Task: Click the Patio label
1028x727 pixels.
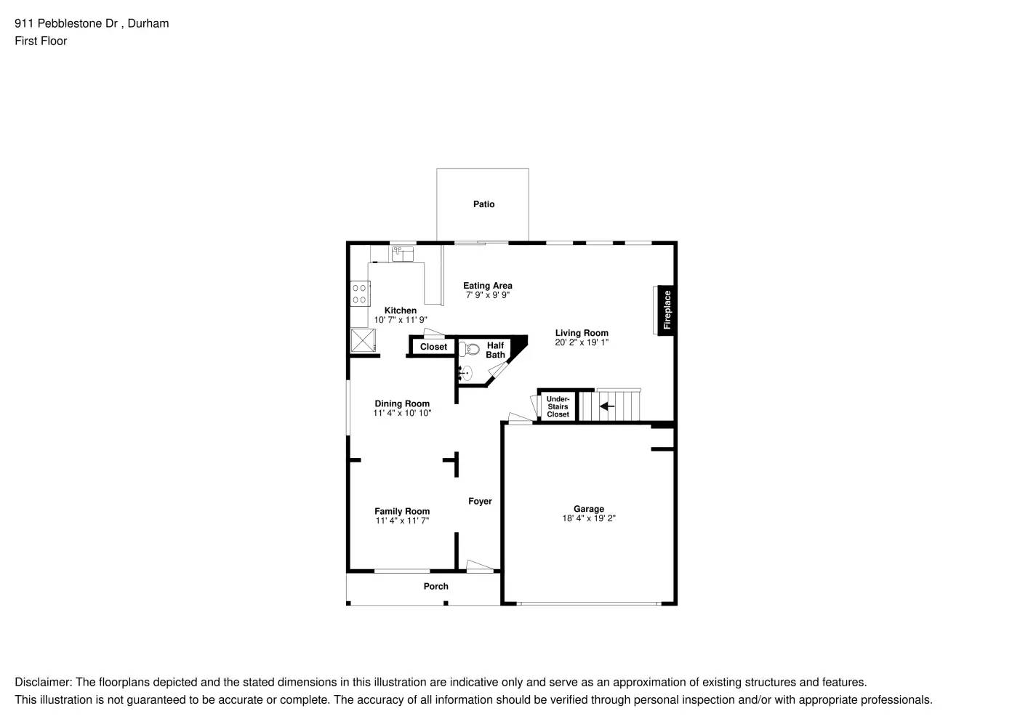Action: coord(483,204)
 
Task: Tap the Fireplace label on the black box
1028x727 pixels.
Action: coord(667,310)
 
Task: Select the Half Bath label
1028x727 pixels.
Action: coord(495,350)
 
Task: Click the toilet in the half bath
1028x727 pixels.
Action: coord(469,350)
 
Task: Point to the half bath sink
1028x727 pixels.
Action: coord(465,374)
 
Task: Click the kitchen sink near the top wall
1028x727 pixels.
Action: coord(402,254)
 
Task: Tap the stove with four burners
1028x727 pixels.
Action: coord(359,294)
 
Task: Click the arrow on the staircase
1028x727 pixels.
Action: coord(606,406)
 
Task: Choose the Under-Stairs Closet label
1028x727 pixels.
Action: coord(558,406)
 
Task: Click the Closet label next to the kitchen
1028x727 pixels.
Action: coord(433,347)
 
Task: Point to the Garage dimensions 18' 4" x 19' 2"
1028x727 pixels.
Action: coord(588,518)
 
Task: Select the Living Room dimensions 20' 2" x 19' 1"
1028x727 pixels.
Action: coord(582,342)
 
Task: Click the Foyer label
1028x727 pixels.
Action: coord(480,501)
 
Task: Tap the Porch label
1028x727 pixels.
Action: coord(435,586)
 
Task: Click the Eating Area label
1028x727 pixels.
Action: coord(487,286)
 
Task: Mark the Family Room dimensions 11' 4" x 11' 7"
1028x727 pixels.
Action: coord(402,521)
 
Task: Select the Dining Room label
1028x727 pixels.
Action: coord(402,403)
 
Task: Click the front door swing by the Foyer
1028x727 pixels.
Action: coord(480,566)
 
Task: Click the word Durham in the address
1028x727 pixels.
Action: coord(148,23)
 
